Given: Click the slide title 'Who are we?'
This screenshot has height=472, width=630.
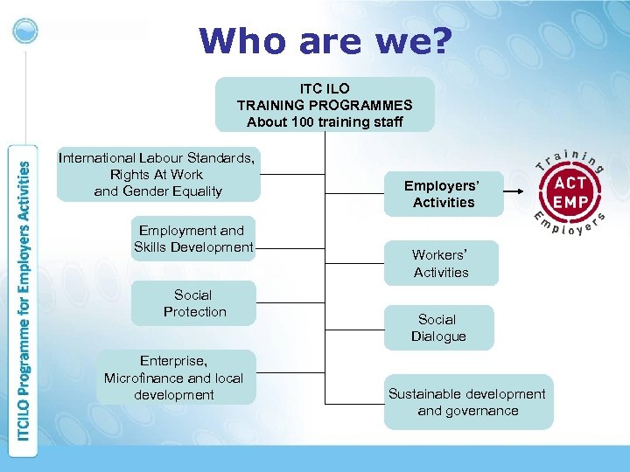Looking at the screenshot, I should click(325, 41).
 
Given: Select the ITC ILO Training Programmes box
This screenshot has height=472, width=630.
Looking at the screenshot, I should click(325, 105).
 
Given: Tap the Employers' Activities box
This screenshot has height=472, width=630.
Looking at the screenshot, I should click(444, 193).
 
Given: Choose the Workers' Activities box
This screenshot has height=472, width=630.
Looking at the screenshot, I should click(441, 263).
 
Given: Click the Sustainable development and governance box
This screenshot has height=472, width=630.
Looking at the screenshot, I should click(467, 402).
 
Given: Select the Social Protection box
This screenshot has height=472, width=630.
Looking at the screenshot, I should click(194, 303).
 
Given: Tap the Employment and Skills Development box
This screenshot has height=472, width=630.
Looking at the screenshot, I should click(193, 239).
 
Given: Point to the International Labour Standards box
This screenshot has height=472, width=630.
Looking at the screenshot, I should click(157, 174).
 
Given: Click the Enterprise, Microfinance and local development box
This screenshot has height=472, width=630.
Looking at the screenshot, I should click(173, 378).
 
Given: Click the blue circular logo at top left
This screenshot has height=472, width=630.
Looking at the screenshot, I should click(27, 30).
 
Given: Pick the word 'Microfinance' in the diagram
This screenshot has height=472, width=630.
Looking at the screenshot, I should click(143, 378).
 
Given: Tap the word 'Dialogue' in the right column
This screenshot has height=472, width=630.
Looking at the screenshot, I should click(438, 337).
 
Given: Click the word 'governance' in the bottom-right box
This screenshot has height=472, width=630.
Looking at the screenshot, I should click(468, 411).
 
